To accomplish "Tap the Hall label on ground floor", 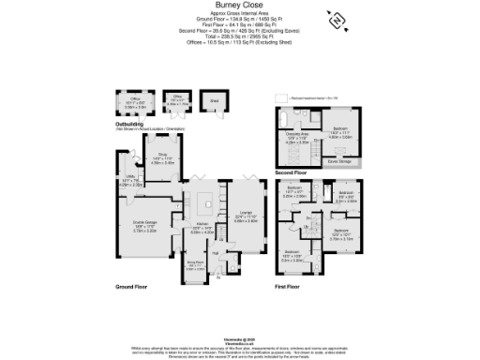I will tap(215, 253).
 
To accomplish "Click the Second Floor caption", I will tap(290, 173).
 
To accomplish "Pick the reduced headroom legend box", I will tap(279, 97).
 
